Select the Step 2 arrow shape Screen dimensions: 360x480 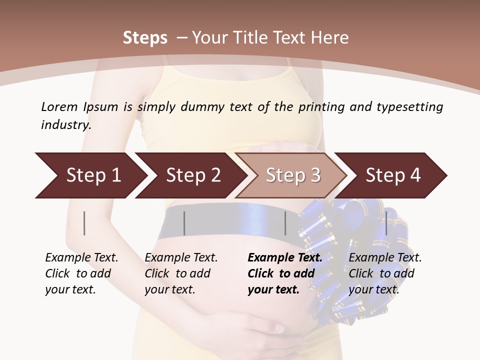pos(193,175)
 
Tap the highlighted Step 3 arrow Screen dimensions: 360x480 pos(293,175)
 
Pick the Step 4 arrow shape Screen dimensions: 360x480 pos(393,175)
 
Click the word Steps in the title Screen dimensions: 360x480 pos(145,38)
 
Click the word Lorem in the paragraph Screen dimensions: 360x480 pos(59,107)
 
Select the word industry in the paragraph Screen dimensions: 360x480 pos(65,125)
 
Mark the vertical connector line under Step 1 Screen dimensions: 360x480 pos(84,223)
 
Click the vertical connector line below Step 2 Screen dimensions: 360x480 pos(184,223)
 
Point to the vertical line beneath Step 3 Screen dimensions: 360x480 pos(285,223)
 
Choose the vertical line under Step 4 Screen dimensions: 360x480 pos(386,223)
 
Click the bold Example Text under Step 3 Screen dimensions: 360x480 pos(285,258)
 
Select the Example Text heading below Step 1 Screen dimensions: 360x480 pos(81,258)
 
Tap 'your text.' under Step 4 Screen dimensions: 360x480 pos(373,290)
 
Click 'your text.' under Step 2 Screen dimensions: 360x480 pos(170,290)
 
